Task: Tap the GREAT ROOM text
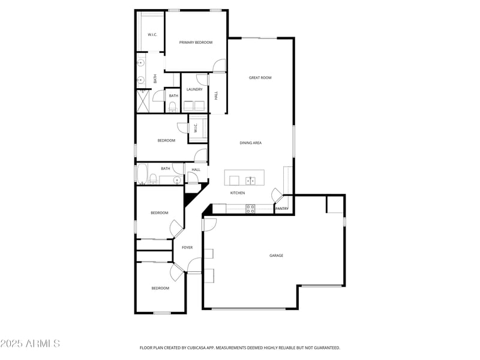260,78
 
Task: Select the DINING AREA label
250,143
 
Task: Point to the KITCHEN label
238,193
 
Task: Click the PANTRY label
281,209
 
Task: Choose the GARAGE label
276,256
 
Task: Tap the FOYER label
187,247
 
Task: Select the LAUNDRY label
194,89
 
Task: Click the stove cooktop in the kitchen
251,209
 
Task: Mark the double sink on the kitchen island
250,179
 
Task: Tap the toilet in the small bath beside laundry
173,107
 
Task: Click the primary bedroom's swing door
220,66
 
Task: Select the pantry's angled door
277,194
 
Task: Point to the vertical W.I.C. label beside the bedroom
196,128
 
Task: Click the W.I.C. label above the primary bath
152,35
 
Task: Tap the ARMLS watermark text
30,344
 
